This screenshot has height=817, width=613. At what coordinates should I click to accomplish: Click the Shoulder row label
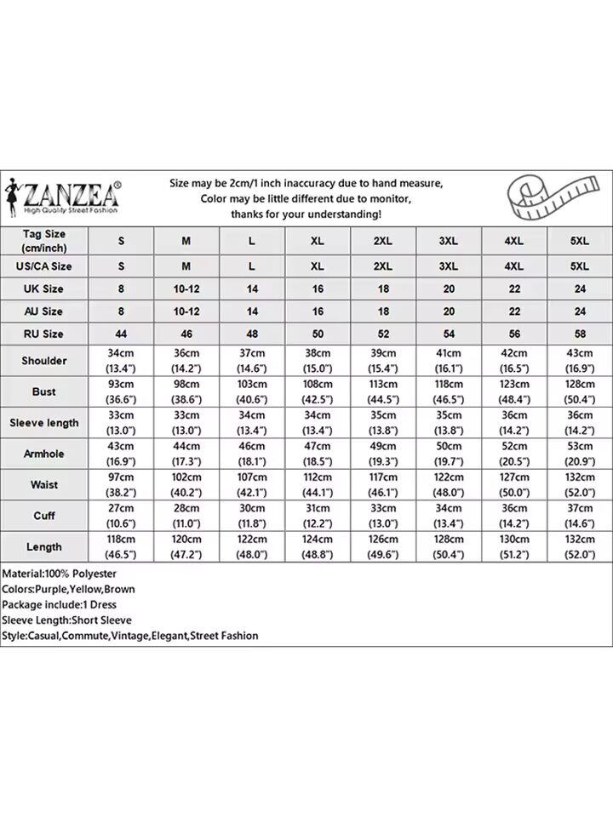tap(44, 361)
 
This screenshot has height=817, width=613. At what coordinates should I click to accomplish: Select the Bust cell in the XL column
tap(318, 391)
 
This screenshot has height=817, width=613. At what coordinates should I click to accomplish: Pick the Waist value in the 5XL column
tap(580, 484)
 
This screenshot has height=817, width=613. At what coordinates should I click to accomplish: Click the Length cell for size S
tap(121, 546)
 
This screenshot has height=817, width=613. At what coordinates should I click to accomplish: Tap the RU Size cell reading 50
tap(318, 334)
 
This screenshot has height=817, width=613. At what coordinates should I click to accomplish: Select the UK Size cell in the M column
tap(186, 289)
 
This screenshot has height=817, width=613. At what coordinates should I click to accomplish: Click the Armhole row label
tap(44, 454)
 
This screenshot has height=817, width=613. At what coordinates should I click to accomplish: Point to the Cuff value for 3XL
tap(449, 516)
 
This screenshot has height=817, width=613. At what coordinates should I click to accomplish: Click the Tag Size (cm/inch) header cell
tap(44, 241)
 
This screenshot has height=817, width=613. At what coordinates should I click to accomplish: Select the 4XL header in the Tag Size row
tap(514, 241)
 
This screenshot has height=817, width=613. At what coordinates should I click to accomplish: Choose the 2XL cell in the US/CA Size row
tap(383, 266)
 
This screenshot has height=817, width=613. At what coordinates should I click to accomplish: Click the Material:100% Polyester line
tap(59, 574)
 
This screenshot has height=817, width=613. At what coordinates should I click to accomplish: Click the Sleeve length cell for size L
tap(252, 423)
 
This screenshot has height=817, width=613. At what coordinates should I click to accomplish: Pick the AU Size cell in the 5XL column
tap(580, 311)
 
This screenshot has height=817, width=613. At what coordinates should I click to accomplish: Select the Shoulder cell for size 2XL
tap(383, 361)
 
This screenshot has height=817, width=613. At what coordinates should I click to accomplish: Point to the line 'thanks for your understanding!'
tap(306, 214)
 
